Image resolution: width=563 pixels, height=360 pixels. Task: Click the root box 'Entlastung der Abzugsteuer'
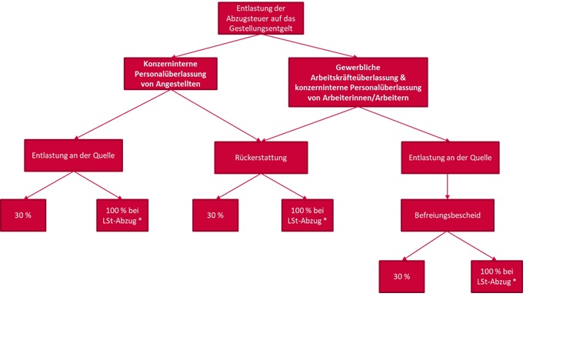coord(260,18)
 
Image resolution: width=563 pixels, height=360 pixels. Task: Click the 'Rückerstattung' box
coord(260,157)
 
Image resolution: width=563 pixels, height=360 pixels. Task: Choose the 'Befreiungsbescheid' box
coord(447,215)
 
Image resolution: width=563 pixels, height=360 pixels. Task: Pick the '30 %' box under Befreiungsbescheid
coord(401,277)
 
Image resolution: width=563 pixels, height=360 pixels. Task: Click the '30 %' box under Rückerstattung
coord(215,215)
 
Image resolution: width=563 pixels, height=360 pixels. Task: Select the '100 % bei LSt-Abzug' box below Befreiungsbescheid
coord(496,277)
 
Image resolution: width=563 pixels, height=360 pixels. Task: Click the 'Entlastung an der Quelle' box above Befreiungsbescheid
coord(447,157)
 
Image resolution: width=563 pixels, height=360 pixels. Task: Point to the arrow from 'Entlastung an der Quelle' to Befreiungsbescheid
coord(447,185)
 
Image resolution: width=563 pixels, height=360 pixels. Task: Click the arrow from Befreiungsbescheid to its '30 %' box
coord(424,246)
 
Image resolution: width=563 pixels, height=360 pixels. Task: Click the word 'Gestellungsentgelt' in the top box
coord(260,27)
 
